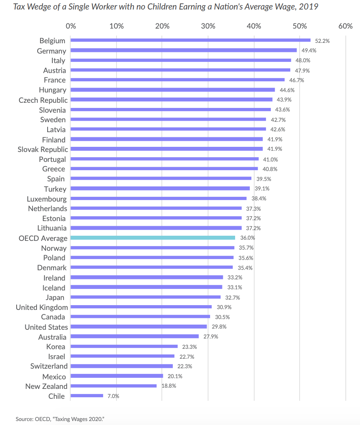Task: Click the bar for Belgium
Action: [x=190, y=40]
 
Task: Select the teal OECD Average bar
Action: [x=153, y=238]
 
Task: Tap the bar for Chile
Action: [x=87, y=396]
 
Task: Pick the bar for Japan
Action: [x=146, y=297]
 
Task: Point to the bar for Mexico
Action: [x=117, y=376]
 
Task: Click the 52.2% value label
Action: [x=322, y=41]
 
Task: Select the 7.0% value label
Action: [x=113, y=396]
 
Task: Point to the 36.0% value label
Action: [x=247, y=238]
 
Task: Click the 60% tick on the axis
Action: [x=346, y=26]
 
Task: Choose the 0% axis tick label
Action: [x=71, y=26]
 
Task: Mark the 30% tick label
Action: [x=208, y=26]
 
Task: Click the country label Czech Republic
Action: [x=43, y=100]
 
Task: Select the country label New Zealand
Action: [x=46, y=386]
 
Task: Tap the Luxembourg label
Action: [x=47, y=198]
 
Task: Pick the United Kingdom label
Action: [x=42, y=307]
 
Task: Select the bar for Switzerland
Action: [x=122, y=366]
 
